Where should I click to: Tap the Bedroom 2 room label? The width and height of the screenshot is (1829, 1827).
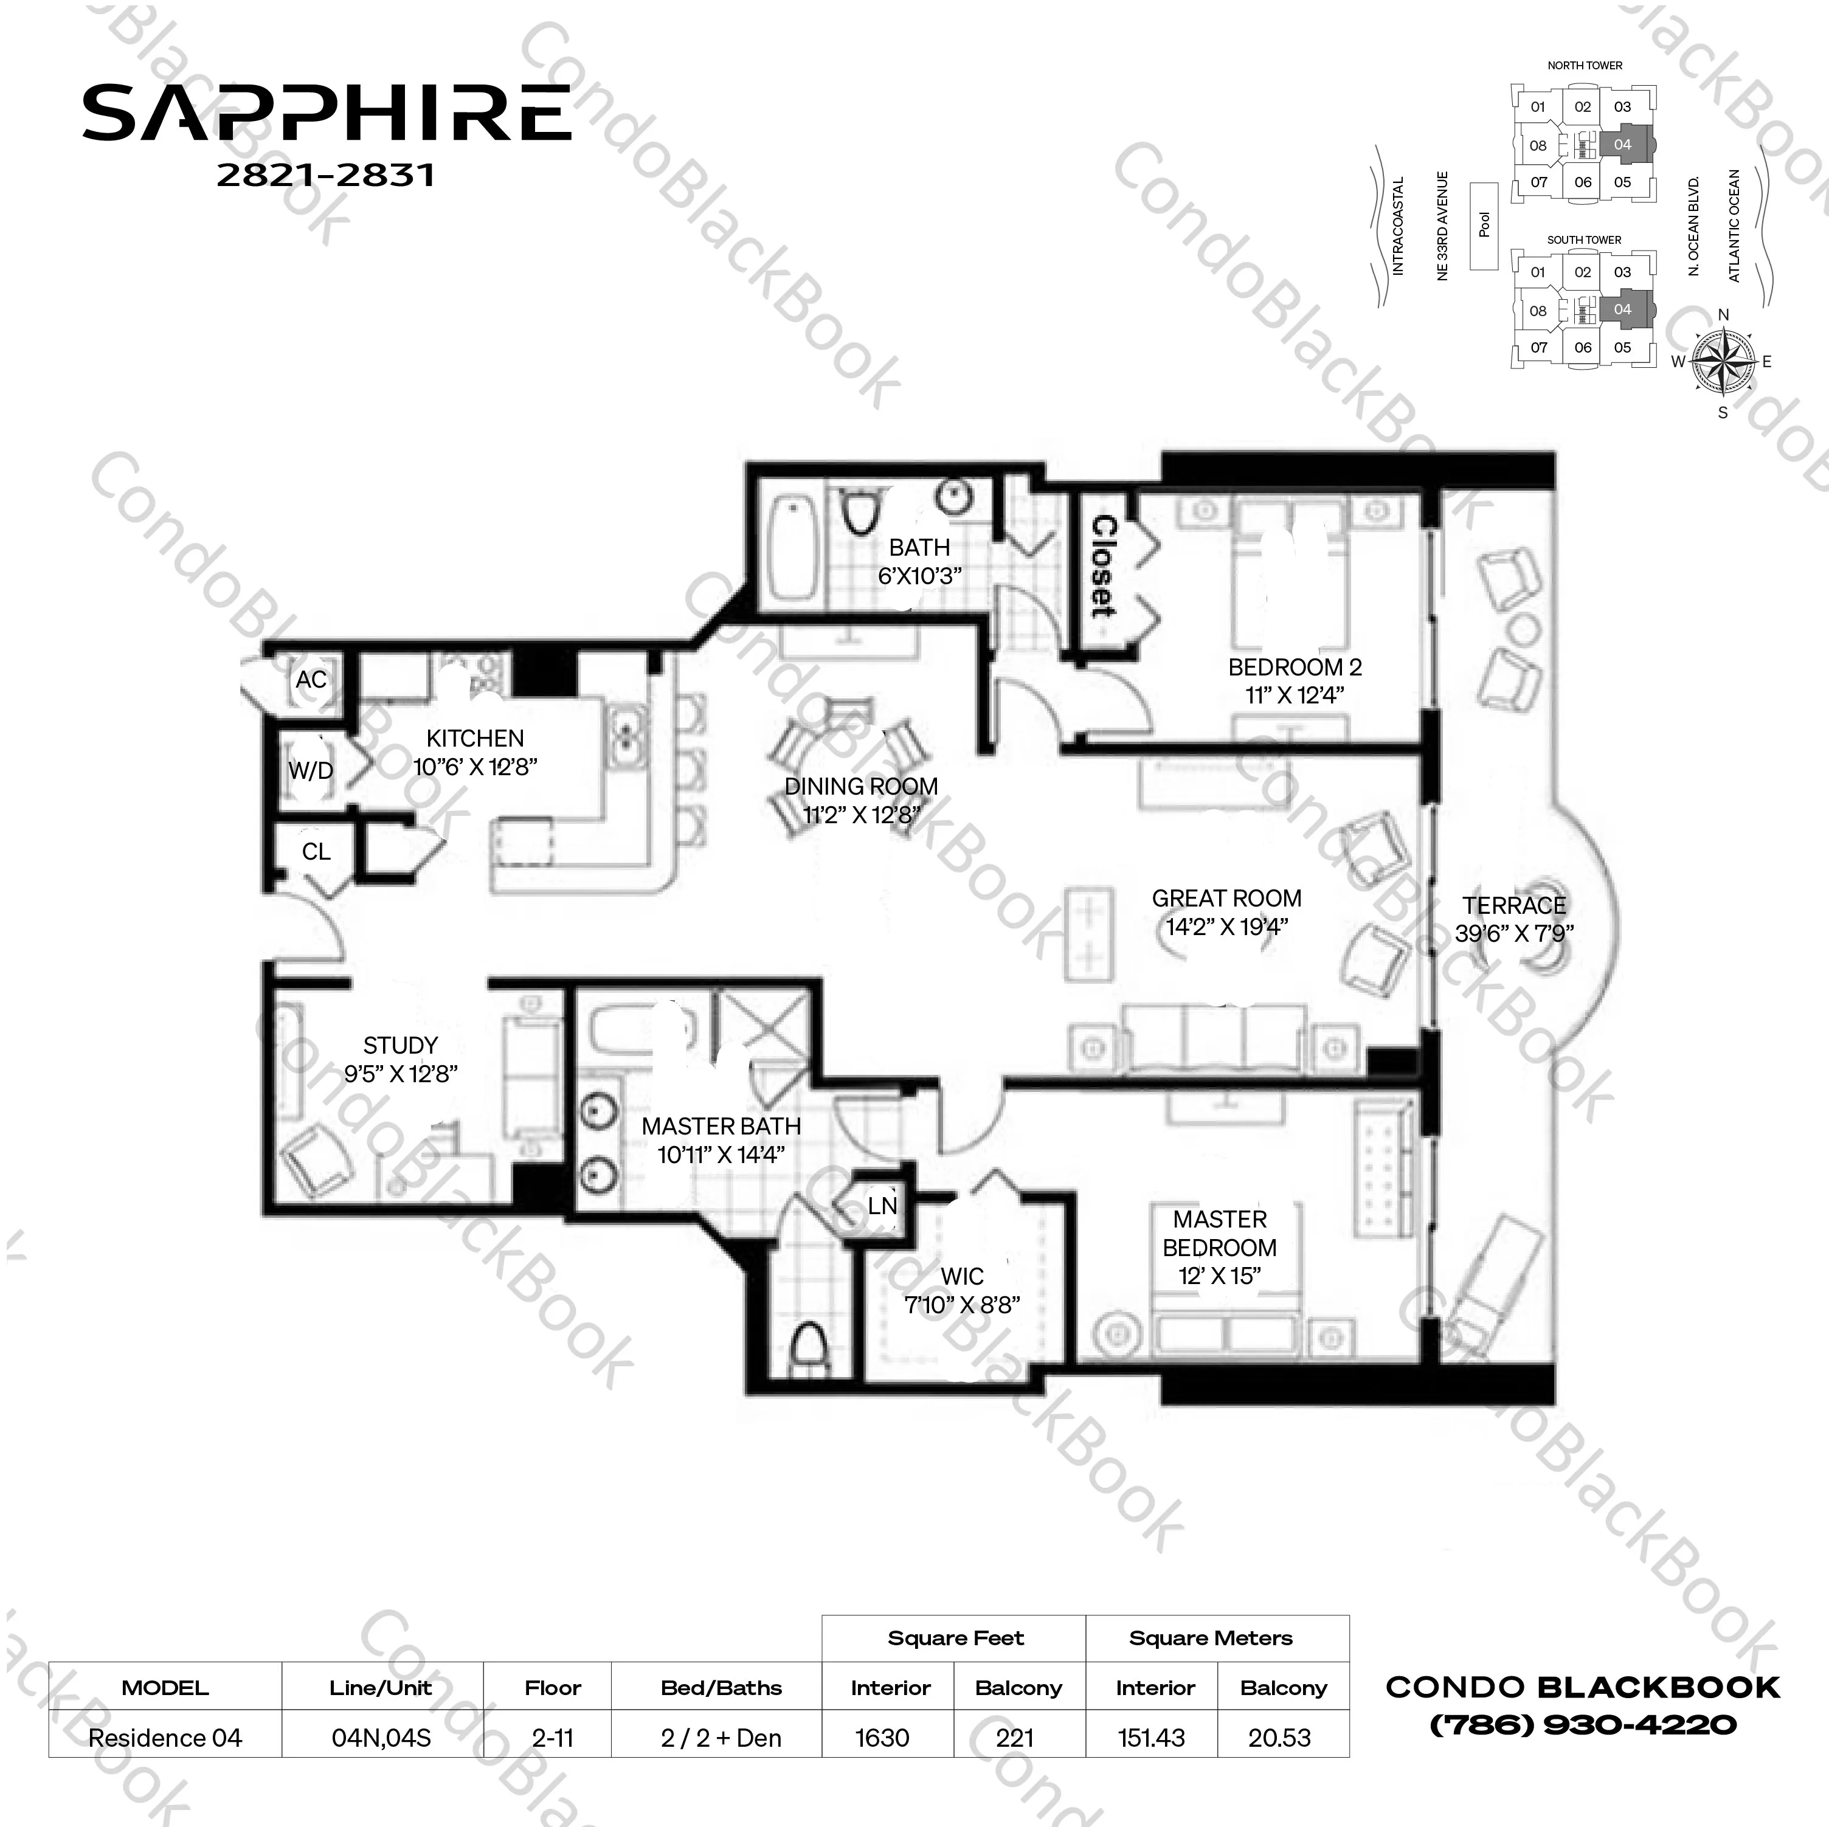[x=1294, y=668]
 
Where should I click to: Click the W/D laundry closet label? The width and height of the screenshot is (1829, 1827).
[x=311, y=770]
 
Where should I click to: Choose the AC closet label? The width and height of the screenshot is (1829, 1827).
[x=311, y=680]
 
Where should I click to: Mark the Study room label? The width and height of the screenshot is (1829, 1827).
[x=401, y=1045]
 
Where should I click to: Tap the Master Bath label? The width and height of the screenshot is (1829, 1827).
[x=721, y=1127]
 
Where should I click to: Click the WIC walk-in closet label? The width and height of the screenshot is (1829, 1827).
[x=962, y=1276]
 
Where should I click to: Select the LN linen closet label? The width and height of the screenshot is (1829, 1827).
[x=882, y=1205]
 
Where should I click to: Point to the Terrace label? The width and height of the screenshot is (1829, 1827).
[x=1514, y=906]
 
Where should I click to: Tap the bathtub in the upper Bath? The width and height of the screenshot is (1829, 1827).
[x=792, y=548]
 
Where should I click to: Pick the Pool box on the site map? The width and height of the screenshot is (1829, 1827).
[x=1484, y=226]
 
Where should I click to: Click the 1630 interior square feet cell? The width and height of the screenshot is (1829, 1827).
[x=882, y=1738]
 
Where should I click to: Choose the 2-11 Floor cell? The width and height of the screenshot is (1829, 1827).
[x=553, y=1738]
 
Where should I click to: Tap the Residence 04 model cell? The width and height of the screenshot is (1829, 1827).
[x=165, y=1738]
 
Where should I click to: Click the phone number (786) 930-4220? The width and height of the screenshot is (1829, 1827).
[x=1583, y=1725]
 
